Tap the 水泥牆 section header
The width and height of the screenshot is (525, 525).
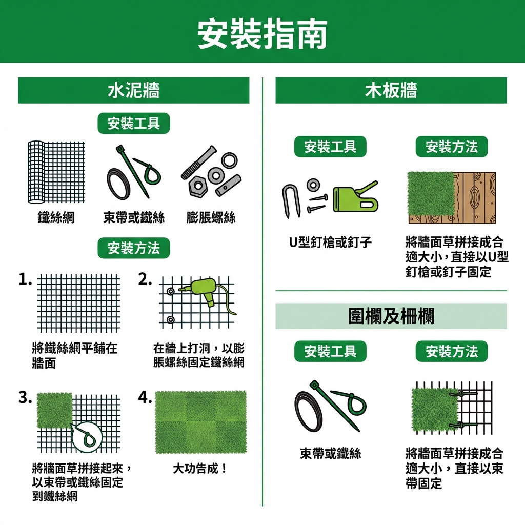pyautogui.click(x=134, y=90)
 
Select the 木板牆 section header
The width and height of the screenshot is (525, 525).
pyautogui.click(x=391, y=90)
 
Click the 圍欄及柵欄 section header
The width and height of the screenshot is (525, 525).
pyautogui.click(x=391, y=316)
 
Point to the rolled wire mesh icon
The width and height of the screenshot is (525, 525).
pyautogui.click(x=56, y=172)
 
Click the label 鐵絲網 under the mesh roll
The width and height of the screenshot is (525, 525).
pyautogui.click(x=56, y=217)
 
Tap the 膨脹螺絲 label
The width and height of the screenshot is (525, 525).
pyautogui.click(x=211, y=217)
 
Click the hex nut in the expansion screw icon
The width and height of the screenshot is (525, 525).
pyautogui.click(x=198, y=185)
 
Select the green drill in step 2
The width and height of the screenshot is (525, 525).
pyautogui.click(x=204, y=290)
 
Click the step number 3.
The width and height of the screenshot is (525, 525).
pyautogui.click(x=26, y=398)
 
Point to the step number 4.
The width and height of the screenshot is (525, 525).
pyautogui.click(x=145, y=398)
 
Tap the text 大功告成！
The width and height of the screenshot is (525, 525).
pyautogui.click(x=200, y=469)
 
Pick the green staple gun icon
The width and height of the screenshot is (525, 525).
pyautogui.click(x=356, y=197)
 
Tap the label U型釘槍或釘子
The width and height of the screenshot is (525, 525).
pyautogui.click(x=330, y=242)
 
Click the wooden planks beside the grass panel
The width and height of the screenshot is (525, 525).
pyautogui.click(x=475, y=197)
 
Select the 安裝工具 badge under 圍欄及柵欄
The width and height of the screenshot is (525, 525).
pyautogui.click(x=330, y=351)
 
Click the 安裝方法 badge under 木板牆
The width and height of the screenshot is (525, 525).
pyautogui.click(x=452, y=147)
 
